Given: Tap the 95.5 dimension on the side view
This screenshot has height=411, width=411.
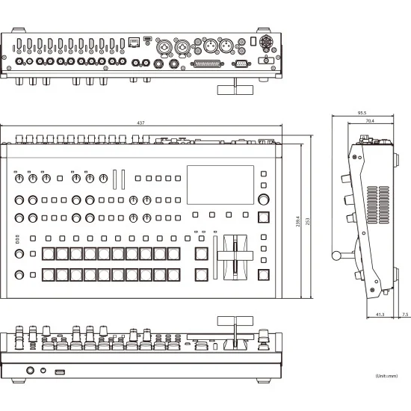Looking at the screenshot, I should click(x=363, y=113).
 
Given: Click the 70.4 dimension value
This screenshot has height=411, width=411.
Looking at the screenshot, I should click(x=370, y=120).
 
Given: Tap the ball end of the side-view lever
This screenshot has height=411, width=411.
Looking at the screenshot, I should click(x=336, y=257).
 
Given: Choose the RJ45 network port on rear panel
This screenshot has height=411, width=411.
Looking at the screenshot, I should click(x=134, y=43).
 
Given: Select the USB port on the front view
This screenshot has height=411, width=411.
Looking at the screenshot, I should click(x=59, y=370).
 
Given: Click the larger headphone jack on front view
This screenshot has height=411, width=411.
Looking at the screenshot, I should click(x=31, y=370).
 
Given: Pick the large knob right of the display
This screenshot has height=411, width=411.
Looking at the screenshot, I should click(x=264, y=199).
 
